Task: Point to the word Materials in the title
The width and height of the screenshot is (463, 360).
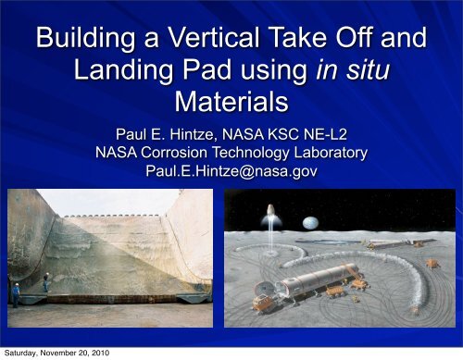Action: click(x=231, y=97)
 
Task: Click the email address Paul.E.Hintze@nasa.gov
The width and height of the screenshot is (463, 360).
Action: click(x=231, y=170)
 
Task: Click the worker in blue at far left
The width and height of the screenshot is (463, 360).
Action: click(x=14, y=295)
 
